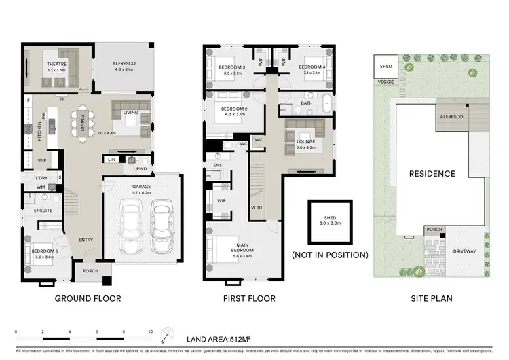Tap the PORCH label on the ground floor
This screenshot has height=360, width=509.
(x=90, y=271)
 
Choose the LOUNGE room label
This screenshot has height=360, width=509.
(x=306, y=142)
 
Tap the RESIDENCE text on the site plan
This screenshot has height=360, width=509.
(x=432, y=174)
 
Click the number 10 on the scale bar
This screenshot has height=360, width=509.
(x=151, y=331)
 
